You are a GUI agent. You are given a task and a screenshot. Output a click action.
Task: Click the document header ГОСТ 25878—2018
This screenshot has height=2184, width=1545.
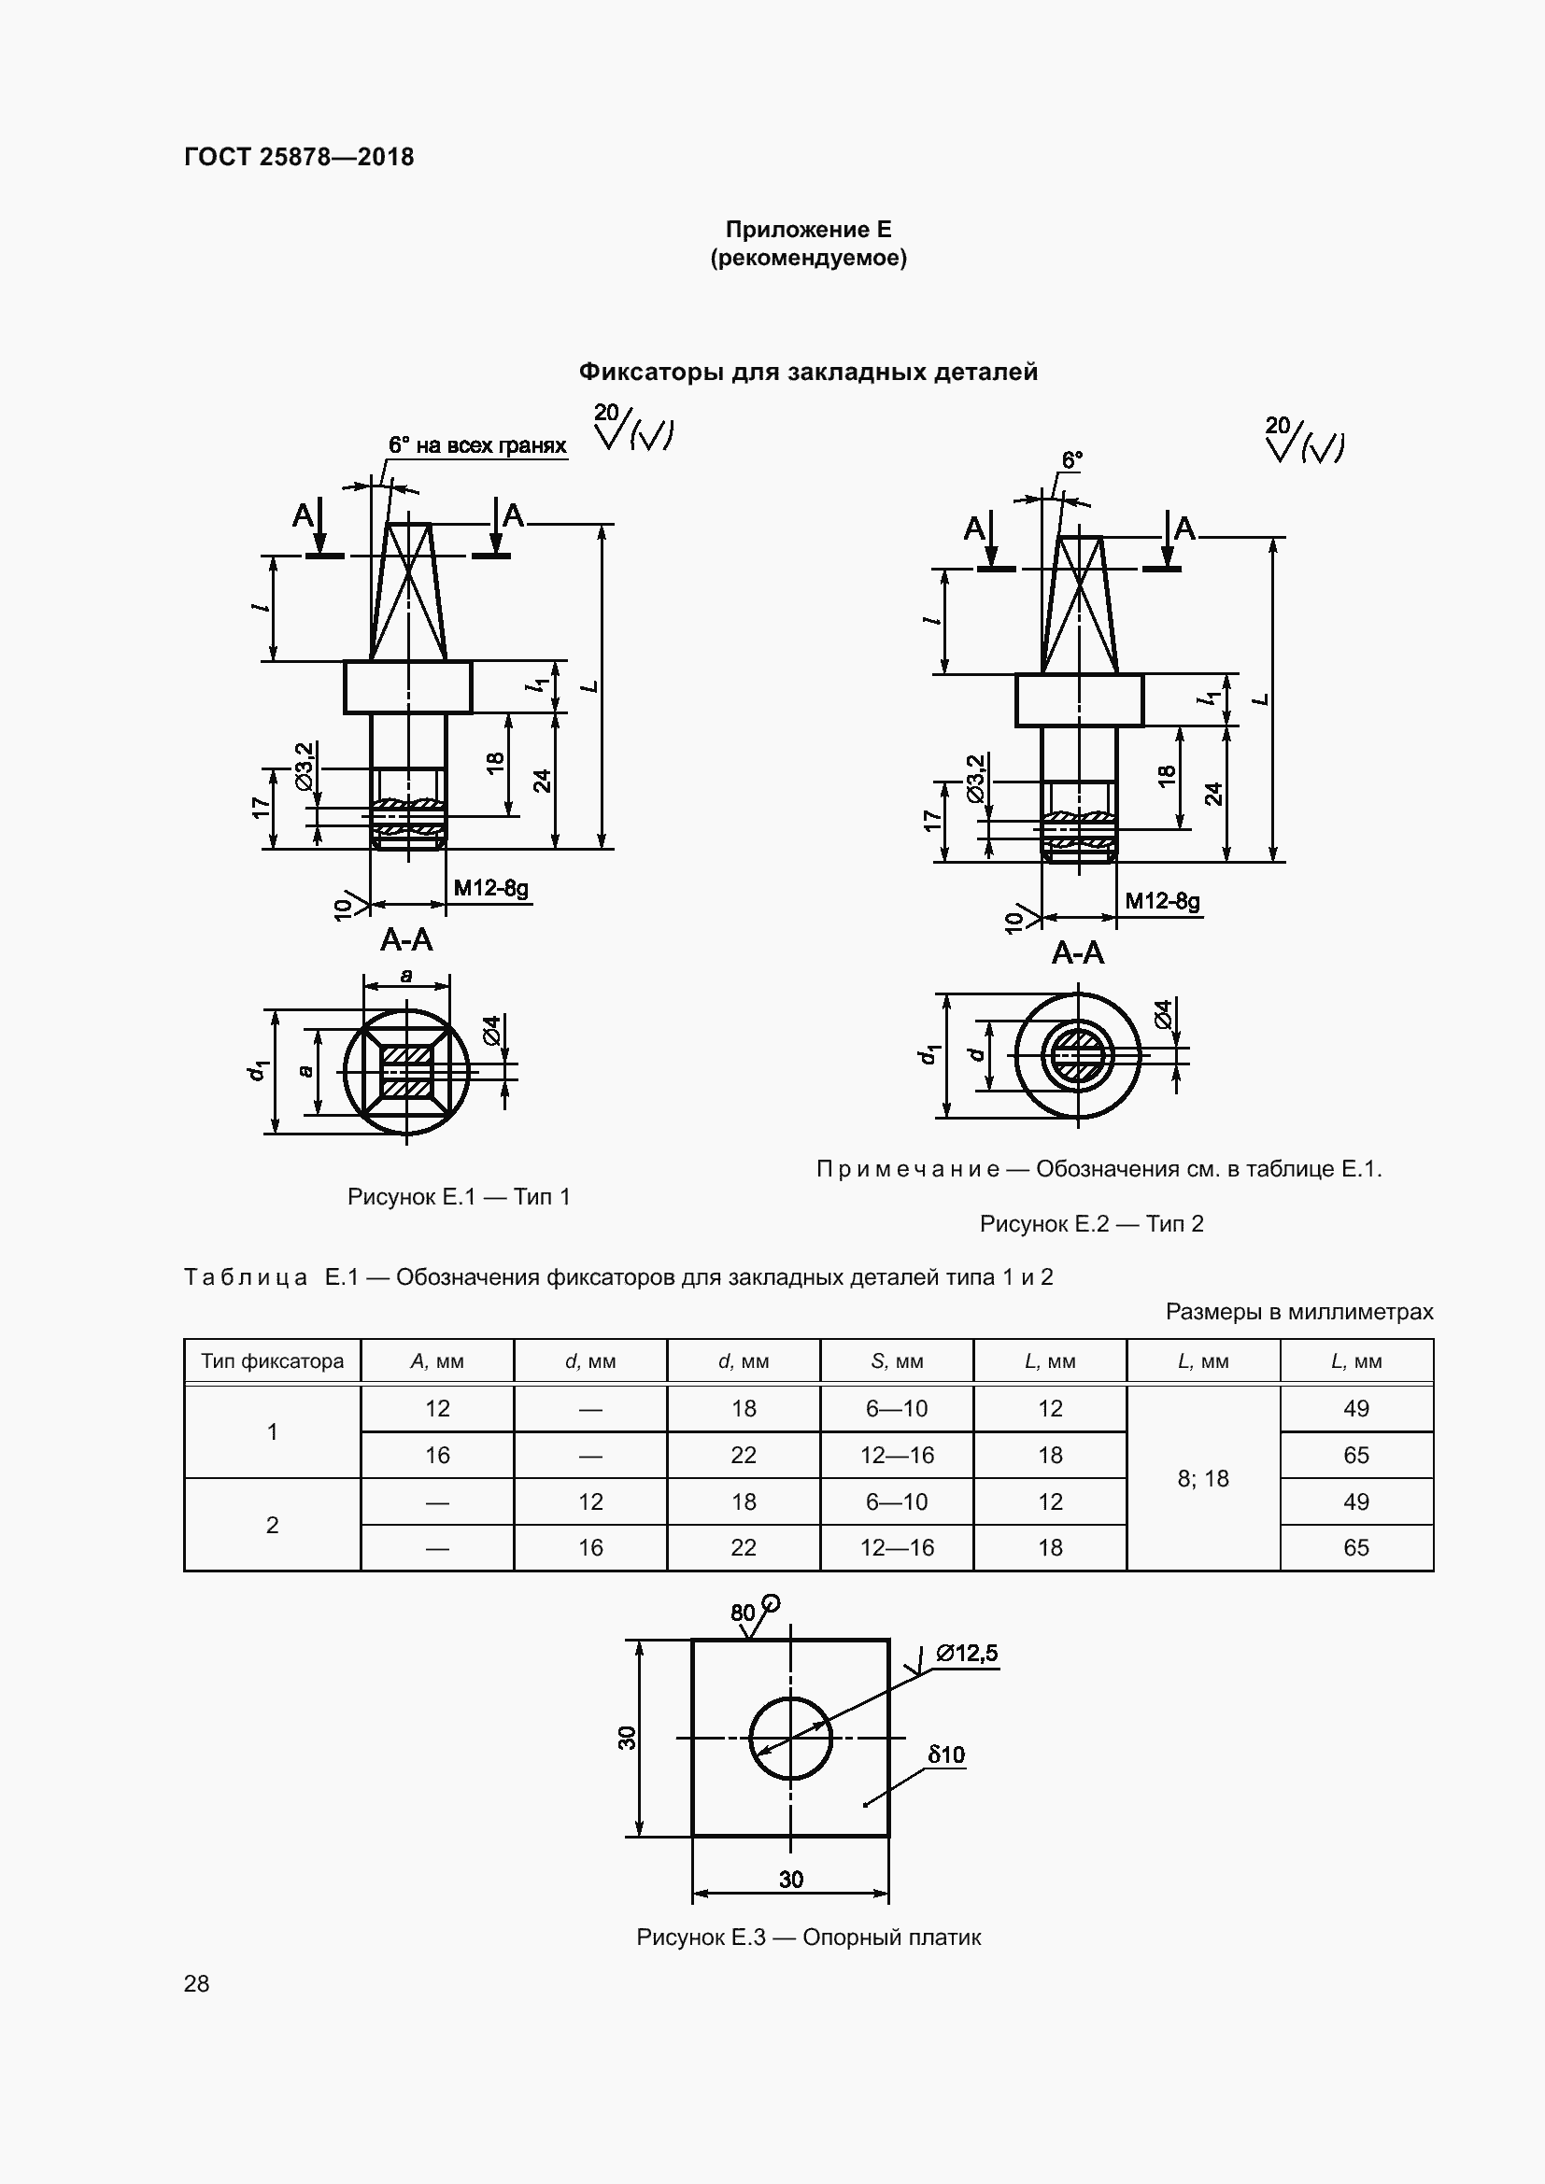299,157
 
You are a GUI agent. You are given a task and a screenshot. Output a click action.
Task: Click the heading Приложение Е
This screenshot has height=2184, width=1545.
808,230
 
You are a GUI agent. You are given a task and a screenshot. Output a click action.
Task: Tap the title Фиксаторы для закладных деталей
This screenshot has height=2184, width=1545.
808,372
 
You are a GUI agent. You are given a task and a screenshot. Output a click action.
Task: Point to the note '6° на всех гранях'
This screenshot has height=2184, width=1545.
476,445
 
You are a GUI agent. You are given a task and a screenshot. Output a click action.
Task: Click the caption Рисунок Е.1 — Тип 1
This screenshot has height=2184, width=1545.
459,1197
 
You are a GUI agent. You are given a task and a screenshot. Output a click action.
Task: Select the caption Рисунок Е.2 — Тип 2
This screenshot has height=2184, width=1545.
1091,1223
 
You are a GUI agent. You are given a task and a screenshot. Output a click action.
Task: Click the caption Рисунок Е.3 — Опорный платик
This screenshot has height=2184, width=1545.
808,1937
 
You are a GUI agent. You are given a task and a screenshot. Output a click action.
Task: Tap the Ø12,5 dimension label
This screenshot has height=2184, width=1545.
968,1654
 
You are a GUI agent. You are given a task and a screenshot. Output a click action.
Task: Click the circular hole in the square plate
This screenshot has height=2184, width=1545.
789,1739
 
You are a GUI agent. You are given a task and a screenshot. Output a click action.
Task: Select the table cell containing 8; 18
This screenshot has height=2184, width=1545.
1202,1478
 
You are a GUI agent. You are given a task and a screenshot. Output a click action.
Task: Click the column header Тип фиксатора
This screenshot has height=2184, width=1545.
272,1361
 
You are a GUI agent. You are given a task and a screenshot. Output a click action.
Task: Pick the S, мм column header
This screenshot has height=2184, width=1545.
896,1361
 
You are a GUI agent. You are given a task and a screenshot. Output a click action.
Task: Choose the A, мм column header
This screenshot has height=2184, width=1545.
436,1361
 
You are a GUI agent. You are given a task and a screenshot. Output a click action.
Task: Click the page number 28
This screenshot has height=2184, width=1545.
197,1984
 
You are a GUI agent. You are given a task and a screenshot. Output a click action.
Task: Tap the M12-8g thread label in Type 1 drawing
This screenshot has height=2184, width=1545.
491,888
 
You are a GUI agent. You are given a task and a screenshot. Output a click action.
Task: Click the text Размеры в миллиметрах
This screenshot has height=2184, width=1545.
1298,1312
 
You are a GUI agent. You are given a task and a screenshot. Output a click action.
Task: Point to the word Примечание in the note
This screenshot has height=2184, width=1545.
908,1169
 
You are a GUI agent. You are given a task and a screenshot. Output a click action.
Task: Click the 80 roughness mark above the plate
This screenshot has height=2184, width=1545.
743,1613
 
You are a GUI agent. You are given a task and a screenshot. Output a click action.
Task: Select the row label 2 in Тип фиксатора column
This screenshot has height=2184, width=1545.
272,1525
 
